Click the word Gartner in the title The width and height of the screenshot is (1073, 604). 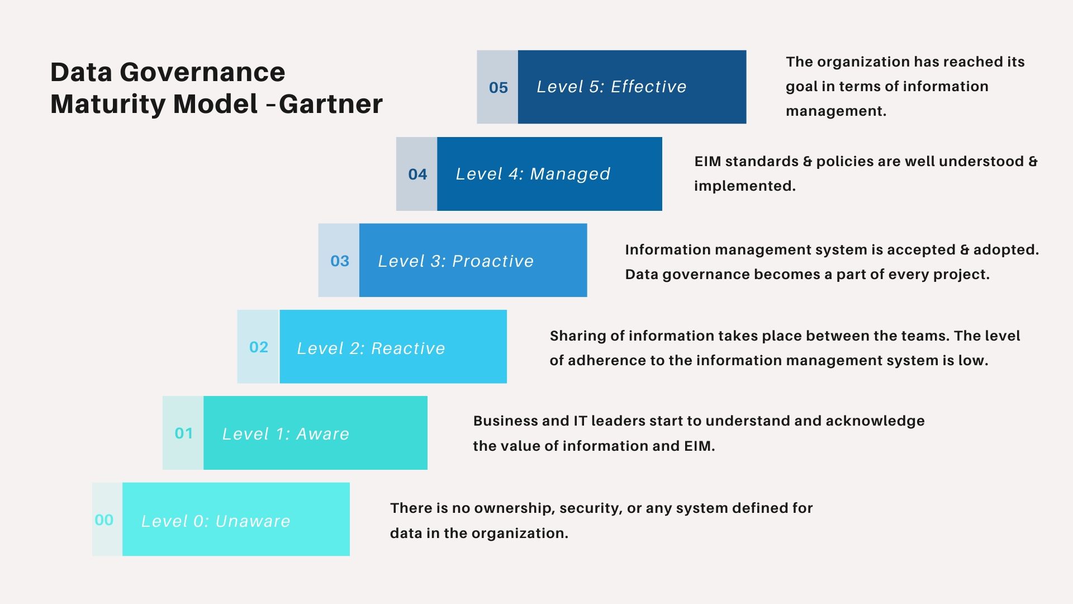point(330,104)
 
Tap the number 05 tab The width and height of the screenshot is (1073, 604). point(498,87)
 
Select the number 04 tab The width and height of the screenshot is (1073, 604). point(417,174)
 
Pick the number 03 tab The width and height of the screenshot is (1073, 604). point(340,261)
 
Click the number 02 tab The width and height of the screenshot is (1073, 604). point(259,347)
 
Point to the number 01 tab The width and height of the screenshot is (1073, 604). point(184,433)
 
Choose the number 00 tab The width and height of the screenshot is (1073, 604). point(105,520)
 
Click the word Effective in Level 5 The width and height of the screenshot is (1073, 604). point(648,87)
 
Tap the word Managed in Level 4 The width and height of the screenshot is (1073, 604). point(570,174)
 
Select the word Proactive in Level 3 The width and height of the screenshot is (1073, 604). point(493,261)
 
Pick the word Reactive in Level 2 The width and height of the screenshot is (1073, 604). point(408,348)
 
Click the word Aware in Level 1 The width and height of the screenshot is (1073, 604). point(322,434)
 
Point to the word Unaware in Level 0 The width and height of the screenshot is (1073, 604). point(253,521)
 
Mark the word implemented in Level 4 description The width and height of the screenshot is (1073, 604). point(744,186)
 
